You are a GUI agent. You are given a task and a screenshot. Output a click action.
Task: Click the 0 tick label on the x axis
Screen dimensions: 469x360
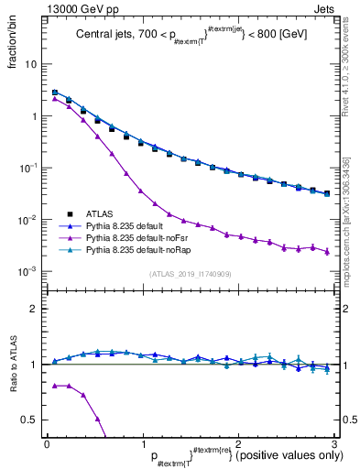click(x=47, y=444)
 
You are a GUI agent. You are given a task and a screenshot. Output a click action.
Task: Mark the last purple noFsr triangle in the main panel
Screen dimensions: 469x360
click(x=327, y=251)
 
